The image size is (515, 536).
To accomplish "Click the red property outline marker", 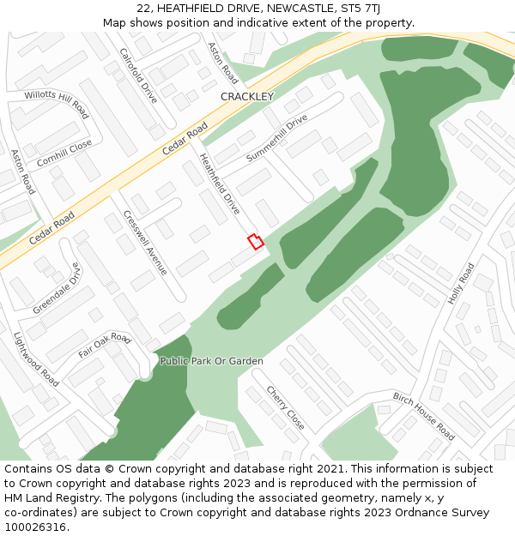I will click(255, 241).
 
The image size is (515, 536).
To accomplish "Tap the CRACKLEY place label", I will click(246, 97).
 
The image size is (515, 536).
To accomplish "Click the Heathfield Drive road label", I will click(220, 184).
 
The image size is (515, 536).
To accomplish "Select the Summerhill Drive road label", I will click(276, 138).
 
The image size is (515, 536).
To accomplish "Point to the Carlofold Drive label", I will click(138, 75).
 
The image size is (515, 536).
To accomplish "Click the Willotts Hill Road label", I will click(56, 104).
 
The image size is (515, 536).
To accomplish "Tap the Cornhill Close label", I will click(64, 154).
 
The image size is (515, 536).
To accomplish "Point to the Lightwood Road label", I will click(36, 359).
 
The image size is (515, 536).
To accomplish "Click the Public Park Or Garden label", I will click(211, 361).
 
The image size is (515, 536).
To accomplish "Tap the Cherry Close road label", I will click(285, 407).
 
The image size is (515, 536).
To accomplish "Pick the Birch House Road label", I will click(424, 416).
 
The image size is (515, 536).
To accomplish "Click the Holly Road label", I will click(461, 284).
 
